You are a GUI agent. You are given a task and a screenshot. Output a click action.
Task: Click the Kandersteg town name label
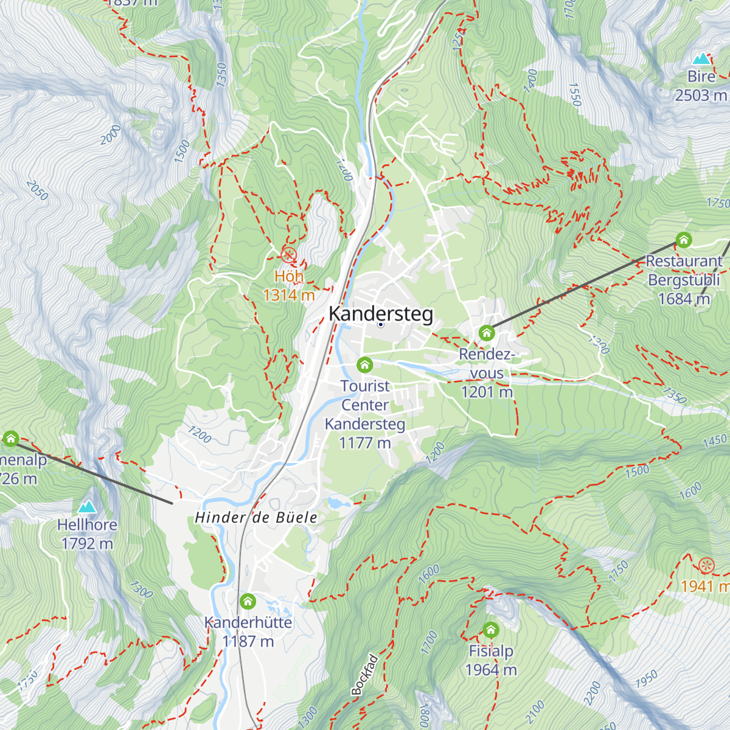click(x=381, y=314)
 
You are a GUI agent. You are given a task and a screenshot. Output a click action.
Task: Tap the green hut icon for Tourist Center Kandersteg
click(x=364, y=364)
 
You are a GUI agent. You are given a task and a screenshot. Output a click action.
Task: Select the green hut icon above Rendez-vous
click(x=486, y=333)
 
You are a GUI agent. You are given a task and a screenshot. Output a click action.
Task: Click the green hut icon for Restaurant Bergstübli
click(x=684, y=240)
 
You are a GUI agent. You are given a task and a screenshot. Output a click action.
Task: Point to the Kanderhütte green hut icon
click(x=248, y=602)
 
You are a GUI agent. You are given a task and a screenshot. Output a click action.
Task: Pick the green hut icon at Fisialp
click(x=491, y=630)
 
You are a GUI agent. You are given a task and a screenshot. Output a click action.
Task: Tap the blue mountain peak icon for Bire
click(x=701, y=59)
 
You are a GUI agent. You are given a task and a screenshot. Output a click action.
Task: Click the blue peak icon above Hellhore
click(x=87, y=507)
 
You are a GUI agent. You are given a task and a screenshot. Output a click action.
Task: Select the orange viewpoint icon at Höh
click(x=289, y=255)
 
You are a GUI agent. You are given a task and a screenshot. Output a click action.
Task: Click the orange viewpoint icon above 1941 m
click(x=706, y=565)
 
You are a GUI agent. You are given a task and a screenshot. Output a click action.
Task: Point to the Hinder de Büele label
click(x=256, y=518)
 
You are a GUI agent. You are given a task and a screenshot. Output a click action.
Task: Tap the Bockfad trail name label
click(x=365, y=675)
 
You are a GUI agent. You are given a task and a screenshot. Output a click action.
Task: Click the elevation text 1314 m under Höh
click(x=289, y=296)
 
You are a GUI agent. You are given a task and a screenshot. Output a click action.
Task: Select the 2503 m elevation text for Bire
click(x=701, y=96)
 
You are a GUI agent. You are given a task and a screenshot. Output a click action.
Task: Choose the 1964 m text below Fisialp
click(x=491, y=670)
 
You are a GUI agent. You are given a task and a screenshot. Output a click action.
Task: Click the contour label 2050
click(x=37, y=190)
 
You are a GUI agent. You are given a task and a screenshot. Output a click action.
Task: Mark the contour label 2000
click(x=111, y=134)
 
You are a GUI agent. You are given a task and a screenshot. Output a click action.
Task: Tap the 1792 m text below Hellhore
click(x=87, y=543)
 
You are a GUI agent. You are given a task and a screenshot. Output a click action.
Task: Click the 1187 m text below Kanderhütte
click(x=248, y=641)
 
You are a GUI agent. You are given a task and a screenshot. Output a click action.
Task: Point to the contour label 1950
click(x=647, y=679)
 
